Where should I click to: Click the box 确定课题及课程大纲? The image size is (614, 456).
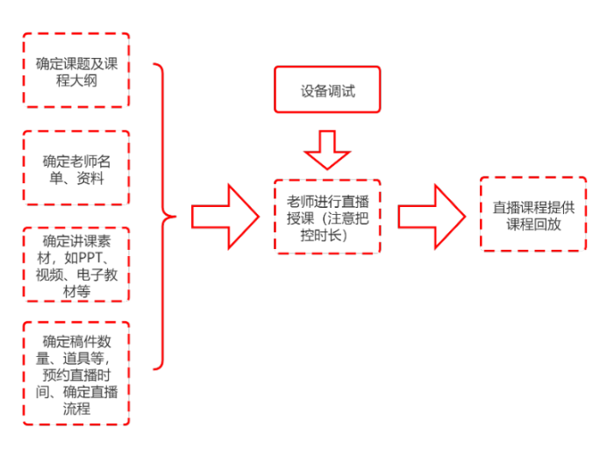click(75, 70)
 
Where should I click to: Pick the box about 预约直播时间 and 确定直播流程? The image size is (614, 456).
click(75, 374)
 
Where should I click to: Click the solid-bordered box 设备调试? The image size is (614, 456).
click(327, 90)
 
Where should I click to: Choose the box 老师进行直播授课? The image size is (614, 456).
click(327, 216)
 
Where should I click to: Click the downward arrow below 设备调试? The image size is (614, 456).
click(327, 149)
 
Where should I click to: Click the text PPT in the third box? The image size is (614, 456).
click(91, 259)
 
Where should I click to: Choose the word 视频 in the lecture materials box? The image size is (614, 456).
click(51, 275)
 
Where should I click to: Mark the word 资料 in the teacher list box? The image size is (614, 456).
click(90, 178)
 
